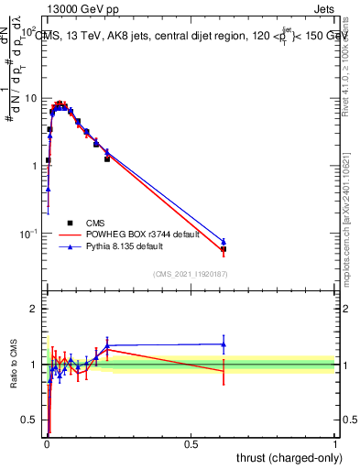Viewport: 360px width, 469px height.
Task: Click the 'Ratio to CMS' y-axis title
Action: pos(14,365)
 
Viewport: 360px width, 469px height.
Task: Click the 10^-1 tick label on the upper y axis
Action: pos(28,234)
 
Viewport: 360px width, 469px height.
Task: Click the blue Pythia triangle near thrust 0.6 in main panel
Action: pos(224,242)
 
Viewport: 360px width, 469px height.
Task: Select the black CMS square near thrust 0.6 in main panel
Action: pos(224,249)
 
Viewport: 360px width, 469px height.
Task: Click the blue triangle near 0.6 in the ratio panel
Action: pos(224,344)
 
